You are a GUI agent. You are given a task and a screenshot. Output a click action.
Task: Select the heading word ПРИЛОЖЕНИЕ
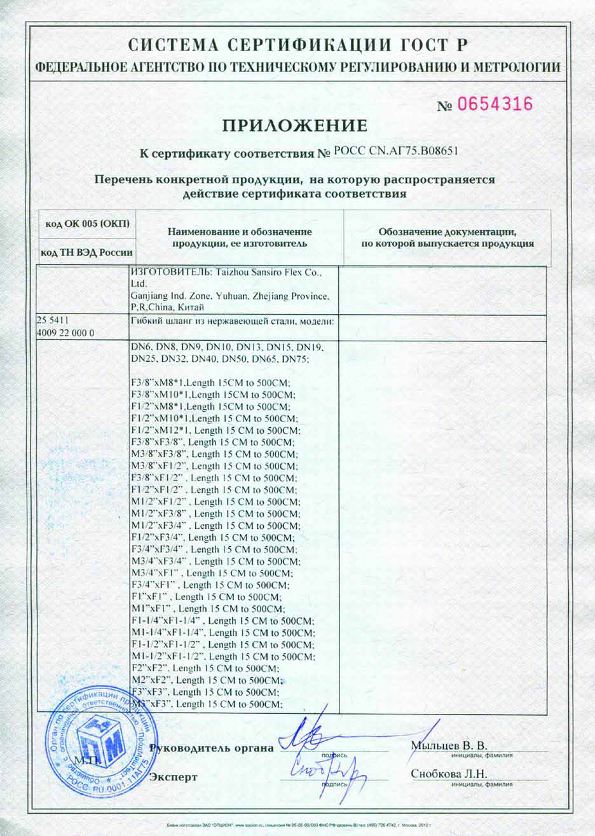click(x=295, y=125)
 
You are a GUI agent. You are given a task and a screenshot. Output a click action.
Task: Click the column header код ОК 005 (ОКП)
click(x=88, y=223)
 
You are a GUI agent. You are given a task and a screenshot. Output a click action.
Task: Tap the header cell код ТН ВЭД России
click(x=87, y=252)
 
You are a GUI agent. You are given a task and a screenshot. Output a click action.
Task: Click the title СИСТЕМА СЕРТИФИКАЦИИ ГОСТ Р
click(x=297, y=45)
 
